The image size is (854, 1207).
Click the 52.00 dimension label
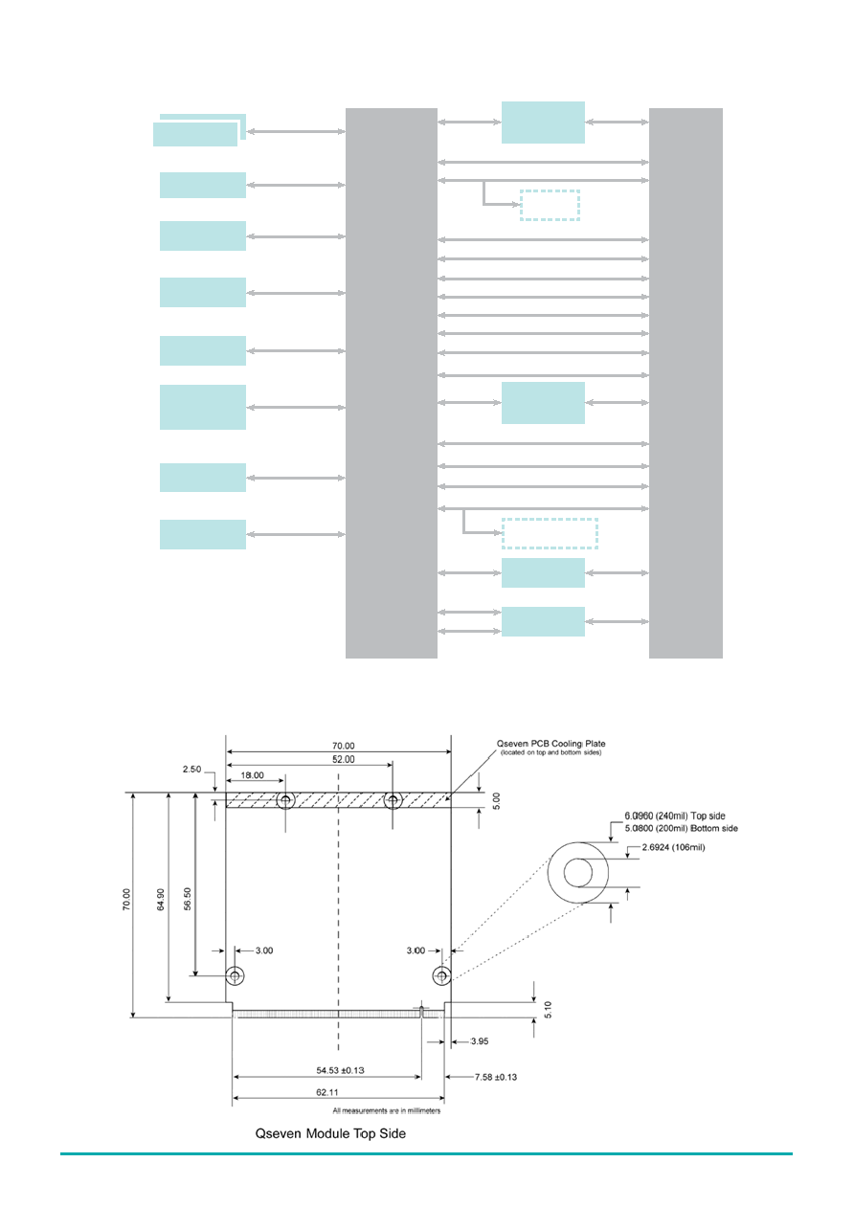[x=343, y=759]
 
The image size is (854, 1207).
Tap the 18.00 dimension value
[x=252, y=775]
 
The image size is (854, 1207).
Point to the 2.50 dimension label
[x=191, y=769]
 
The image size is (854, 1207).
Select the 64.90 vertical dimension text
[x=161, y=900]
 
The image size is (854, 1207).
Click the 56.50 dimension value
[x=188, y=899]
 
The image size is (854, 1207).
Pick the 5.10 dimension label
[x=548, y=1009]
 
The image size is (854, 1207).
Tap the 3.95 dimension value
[x=480, y=1041]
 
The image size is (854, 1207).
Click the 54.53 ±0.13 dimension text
[x=340, y=1070]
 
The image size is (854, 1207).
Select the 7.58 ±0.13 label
[x=496, y=1077]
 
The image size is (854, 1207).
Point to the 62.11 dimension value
[x=327, y=1092]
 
